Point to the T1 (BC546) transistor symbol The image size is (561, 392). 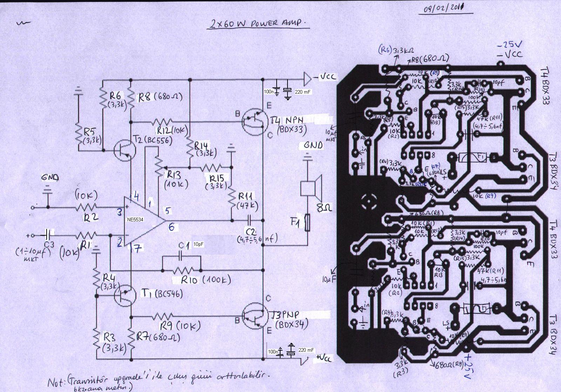[x=125, y=295]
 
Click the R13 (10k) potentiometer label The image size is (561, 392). [x=177, y=179]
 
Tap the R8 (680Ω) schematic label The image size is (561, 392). [x=160, y=96]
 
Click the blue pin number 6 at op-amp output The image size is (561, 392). [x=171, y=227]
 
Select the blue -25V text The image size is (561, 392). [x=509, y=45]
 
